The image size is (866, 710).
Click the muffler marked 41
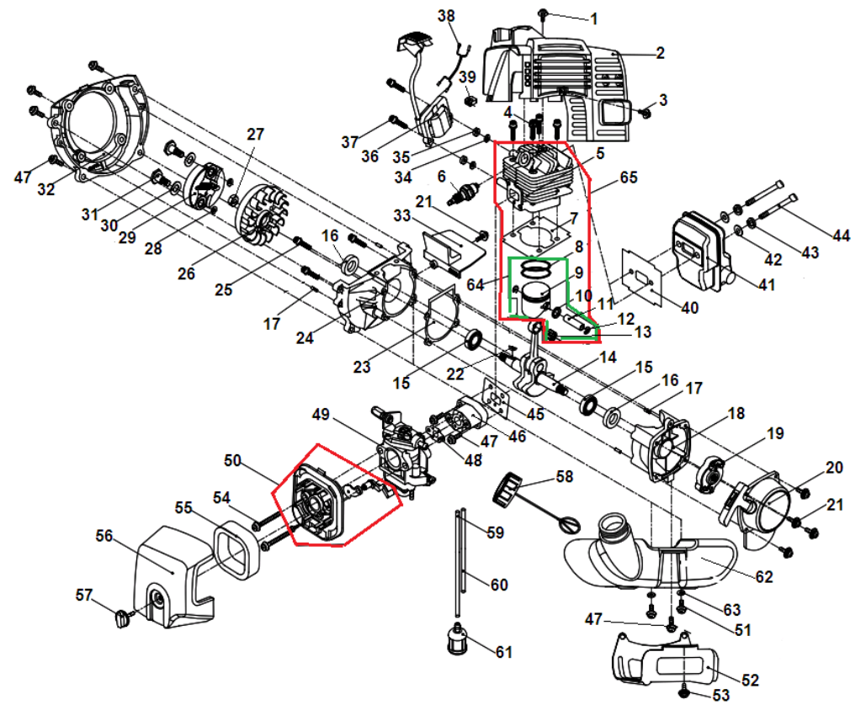coord(702,252)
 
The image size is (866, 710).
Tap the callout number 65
coord(629,177)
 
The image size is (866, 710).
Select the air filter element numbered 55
coord(234,547)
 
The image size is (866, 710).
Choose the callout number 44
coord(842,236)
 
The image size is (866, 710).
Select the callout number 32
coord(45,190)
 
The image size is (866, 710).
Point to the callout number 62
coord(763,577)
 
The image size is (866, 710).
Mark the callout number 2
coord(660,53)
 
